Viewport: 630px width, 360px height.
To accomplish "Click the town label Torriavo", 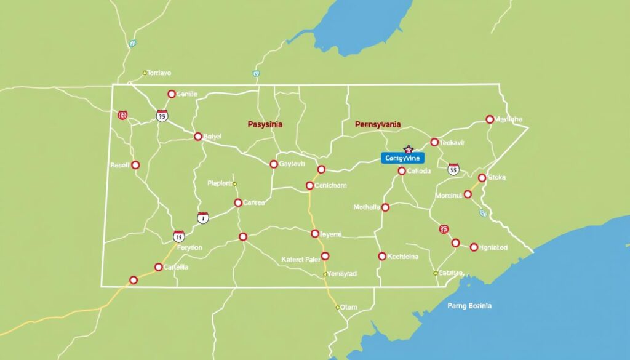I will click(159, 73).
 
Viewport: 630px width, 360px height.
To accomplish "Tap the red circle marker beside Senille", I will click(171, 94).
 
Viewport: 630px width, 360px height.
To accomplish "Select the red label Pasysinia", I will click(265, 124).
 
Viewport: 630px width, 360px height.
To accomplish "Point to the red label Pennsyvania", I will click(378, 124).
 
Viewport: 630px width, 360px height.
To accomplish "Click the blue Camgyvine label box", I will click(402, 158).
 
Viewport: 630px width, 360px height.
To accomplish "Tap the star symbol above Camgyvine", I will click(407, 149).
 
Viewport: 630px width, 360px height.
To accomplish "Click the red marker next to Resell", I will click(135, 165).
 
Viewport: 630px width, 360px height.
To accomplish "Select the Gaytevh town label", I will click(292, 164).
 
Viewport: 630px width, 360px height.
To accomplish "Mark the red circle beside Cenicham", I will click(309, 185).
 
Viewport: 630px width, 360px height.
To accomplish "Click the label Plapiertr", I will click(220, 183).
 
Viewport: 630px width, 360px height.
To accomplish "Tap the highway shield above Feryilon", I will click(178, 236).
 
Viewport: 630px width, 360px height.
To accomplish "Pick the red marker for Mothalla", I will click(386, 207).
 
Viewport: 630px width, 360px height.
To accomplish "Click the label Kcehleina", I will click(404, 256).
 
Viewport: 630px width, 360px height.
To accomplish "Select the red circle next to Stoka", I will click(481, 178).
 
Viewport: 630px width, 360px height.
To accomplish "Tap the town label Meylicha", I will click(509, 119).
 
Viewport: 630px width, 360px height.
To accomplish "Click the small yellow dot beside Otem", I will click(338, 306).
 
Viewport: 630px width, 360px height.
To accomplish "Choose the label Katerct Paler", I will click(300, 259).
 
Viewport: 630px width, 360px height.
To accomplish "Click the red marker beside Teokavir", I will click(434, 142).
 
